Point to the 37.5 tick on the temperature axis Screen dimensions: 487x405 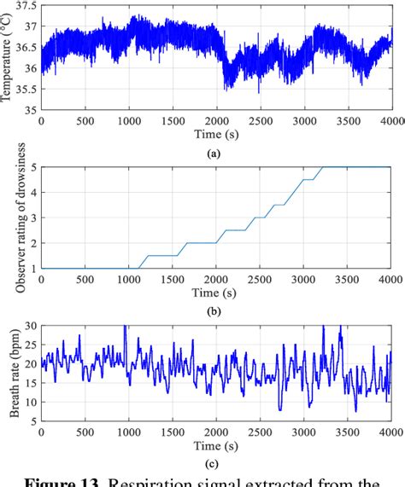(26, 5)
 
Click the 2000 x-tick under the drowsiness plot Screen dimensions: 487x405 (214, 279)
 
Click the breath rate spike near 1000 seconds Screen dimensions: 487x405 (126, 328)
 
